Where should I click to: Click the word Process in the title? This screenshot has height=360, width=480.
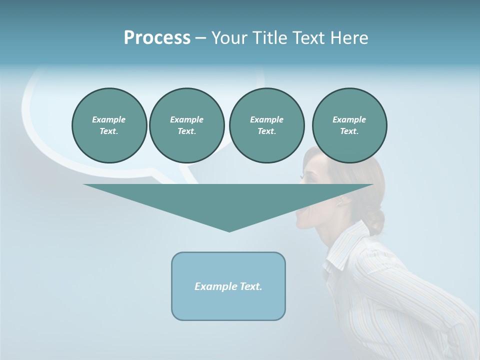[157, 38]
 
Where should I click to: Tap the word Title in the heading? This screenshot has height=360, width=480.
[267, 38]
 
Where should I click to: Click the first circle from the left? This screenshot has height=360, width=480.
[109, 125]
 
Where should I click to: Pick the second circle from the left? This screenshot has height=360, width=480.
[186, 125]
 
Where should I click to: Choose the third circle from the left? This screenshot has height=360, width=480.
[266, 125]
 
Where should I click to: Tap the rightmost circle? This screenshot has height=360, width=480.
[349, 125]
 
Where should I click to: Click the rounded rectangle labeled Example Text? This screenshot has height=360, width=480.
[228, 286]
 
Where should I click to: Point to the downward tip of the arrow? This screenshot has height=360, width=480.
[229, 230]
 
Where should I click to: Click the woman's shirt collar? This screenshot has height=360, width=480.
[345, 250]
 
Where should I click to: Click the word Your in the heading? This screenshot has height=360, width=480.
[228, 38]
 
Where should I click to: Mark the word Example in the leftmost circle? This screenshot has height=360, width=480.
[109, 119]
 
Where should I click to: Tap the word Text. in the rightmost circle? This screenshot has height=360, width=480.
[349, 131]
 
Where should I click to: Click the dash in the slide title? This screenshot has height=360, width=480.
[200, 38]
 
